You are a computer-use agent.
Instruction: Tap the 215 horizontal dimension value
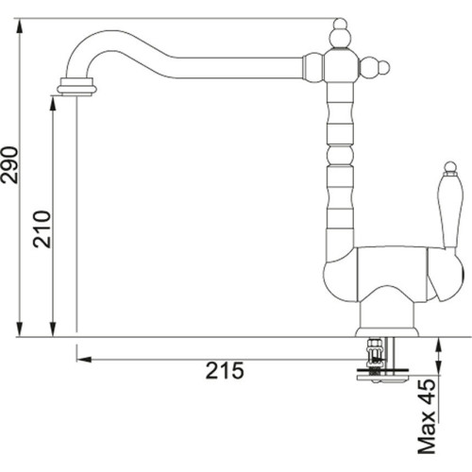(224, 371)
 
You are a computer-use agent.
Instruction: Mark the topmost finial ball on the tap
(339, 35)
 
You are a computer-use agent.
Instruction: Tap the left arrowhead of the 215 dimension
(83, 359)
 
